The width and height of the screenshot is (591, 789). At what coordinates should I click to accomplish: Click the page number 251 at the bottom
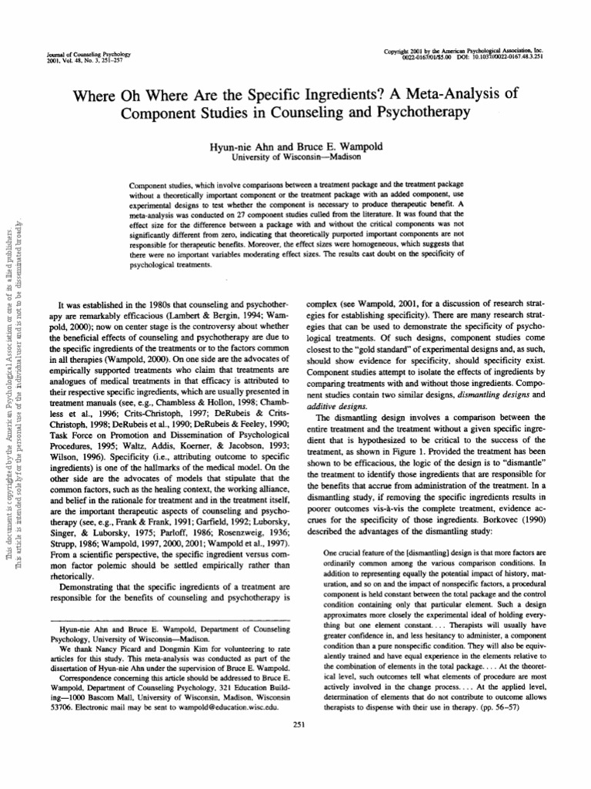click(295, 745)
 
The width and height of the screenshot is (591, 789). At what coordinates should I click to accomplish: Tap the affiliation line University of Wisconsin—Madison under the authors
click(295, 155)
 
